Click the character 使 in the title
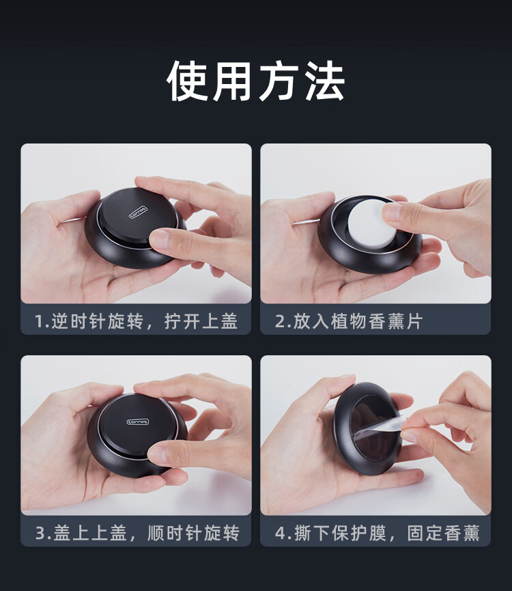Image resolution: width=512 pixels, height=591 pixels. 188,81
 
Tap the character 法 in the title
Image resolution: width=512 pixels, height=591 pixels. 324,81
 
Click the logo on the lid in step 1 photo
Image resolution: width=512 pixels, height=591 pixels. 138,212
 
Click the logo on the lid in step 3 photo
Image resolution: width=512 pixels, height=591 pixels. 138,422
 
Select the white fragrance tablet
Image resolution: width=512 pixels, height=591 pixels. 370,225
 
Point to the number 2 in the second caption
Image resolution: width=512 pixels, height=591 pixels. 281,322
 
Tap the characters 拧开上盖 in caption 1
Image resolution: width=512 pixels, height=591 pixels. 201,322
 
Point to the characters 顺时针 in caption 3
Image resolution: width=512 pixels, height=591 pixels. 174,534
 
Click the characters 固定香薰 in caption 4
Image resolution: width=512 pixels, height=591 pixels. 444,534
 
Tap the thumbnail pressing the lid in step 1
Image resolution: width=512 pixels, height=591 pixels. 160,239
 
